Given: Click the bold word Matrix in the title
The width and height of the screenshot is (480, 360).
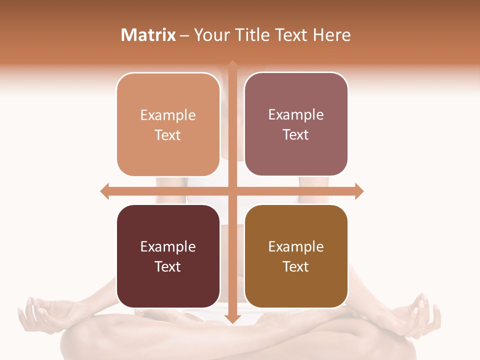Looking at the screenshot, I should coord(148,35).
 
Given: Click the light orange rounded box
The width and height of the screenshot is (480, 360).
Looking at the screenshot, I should coord(168,124).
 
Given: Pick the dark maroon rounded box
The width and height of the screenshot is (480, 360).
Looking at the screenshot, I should coord(168,256).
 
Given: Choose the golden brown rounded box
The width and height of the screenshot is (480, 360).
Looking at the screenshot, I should coord(296,256).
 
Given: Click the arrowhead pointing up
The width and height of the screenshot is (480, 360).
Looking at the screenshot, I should coord(232,64).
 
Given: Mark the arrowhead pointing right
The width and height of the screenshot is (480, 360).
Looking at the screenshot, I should coord(359,191).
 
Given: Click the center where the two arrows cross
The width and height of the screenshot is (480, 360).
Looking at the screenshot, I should coord(232,191).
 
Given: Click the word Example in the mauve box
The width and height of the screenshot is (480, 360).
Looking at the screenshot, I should coord(296,115).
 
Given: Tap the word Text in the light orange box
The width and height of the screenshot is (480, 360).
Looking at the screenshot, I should coord(168,135).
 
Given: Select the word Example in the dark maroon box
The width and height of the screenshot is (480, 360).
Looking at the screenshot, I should coord(168,246).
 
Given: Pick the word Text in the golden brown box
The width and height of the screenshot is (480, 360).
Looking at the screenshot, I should coord(296,267).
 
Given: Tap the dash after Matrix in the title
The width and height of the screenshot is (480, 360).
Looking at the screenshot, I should coord(184,35).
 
